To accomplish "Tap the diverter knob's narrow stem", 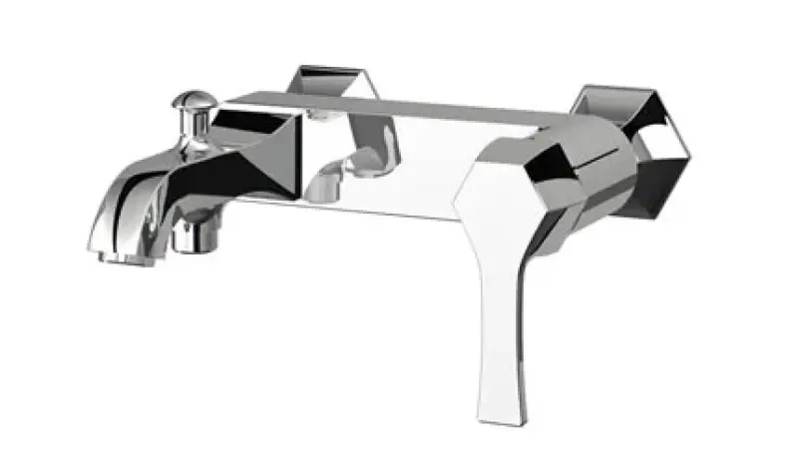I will (x=189, y=124).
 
